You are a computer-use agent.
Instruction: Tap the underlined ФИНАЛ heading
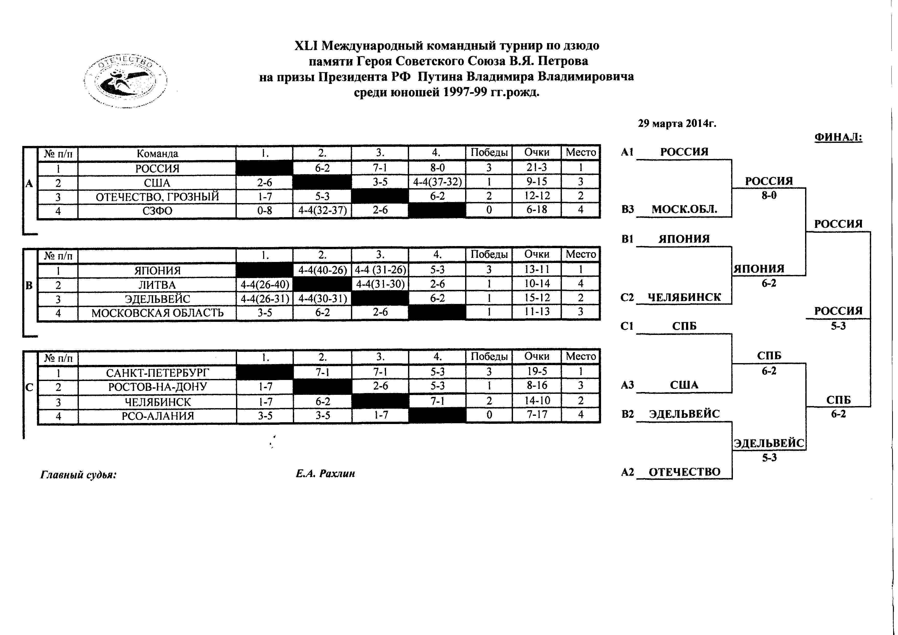click(x=838, y=137)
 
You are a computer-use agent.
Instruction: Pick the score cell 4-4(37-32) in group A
click(x=437, y=182)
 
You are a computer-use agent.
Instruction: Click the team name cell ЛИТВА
click(x=157, y=285)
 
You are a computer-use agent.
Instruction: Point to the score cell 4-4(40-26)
click(x=322, y=270)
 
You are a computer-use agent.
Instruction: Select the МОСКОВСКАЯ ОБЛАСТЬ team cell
click(x=157, y=313)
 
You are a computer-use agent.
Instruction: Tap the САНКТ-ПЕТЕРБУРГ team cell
click(x=157, y=373)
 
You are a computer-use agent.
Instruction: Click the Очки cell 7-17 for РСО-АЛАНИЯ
click(x=536, y=415)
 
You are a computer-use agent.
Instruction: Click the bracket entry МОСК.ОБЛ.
click(x=684, y=209)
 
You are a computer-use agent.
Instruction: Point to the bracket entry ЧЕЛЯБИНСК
click(x=684, y=297)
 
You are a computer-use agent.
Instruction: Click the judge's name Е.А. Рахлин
click(x=325, y=474)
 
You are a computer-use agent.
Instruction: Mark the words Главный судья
click(x=79, y=475)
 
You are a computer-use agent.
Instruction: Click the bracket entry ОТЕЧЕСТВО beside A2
click(x=684, y=472)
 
